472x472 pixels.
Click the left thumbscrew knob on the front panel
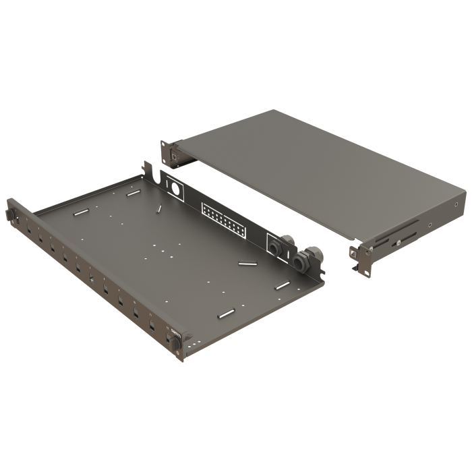(x=11, y=214)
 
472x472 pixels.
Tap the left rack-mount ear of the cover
(x=168, y=153)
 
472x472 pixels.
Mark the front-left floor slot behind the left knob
(x=80, y=212)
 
